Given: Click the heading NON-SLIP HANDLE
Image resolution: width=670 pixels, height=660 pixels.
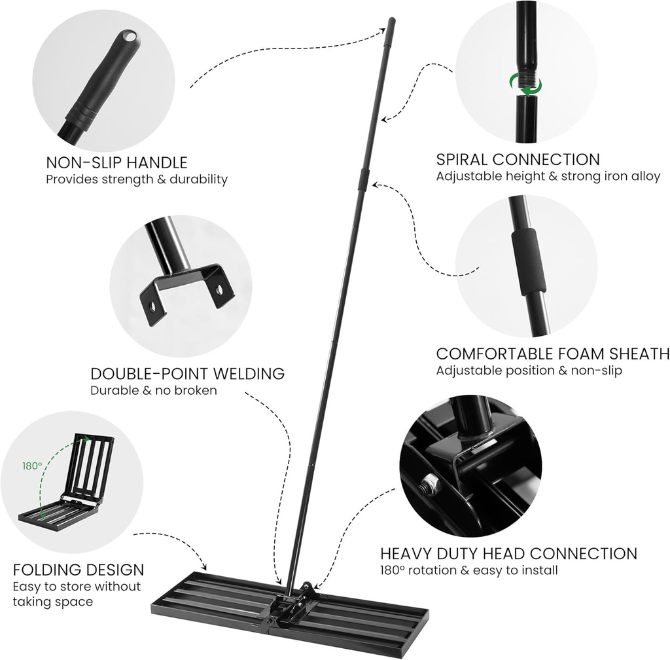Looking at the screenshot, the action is (x=116, y=163).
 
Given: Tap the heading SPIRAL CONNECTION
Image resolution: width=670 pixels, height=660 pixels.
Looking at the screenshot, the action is (x=518, y=160).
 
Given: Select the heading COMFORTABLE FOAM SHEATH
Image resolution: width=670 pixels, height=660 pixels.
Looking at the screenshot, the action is (x=553, y=354).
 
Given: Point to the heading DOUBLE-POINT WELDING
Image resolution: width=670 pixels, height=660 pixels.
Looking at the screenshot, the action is (x=188, y=374).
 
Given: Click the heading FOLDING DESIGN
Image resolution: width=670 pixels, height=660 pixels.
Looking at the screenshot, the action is (x=79, y=570).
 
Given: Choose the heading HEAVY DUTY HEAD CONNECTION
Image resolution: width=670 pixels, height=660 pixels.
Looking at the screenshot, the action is (x=508, y=554).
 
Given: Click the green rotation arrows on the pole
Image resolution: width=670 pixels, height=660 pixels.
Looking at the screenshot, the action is (x=525, y=84).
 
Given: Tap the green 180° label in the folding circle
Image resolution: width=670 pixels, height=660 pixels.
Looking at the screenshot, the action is (x=32, y=466).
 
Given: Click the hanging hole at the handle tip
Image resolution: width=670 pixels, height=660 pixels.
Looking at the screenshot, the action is (x=129, y=36).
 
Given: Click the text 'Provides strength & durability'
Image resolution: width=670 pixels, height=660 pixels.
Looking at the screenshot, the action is (x=137, y=179).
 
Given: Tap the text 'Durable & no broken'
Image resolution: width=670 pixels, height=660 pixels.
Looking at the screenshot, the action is (x=154, y=391).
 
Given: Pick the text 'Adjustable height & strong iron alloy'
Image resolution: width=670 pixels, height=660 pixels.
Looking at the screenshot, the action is (x=548, y=176).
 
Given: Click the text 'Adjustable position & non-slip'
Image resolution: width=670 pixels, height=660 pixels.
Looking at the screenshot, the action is (x=529, y=371).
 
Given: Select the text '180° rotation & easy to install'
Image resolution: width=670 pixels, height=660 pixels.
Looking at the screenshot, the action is (x=468, y=570).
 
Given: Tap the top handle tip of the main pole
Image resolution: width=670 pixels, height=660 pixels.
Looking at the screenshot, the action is (x=392, y=20).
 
